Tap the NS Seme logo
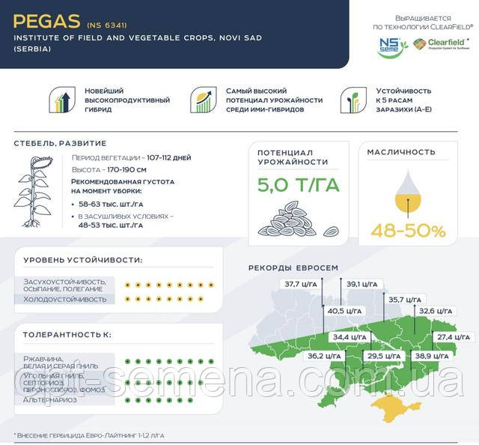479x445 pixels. [x=391, y=46]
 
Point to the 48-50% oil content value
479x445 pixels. [x=408, y=231]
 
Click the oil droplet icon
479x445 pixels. [x=407, y=192]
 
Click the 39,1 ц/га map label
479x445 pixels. [x=361, y=284]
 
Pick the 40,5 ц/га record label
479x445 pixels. [x=345, y=311]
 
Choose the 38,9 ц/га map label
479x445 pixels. [x=433, y=356]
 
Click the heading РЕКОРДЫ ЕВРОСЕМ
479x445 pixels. [x=293, y=267]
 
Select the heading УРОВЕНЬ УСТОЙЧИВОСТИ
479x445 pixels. [x=82, y=261]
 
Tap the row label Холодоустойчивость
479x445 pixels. [x=65, y=299]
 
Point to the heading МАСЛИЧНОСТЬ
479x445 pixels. [x=401, y=152]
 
